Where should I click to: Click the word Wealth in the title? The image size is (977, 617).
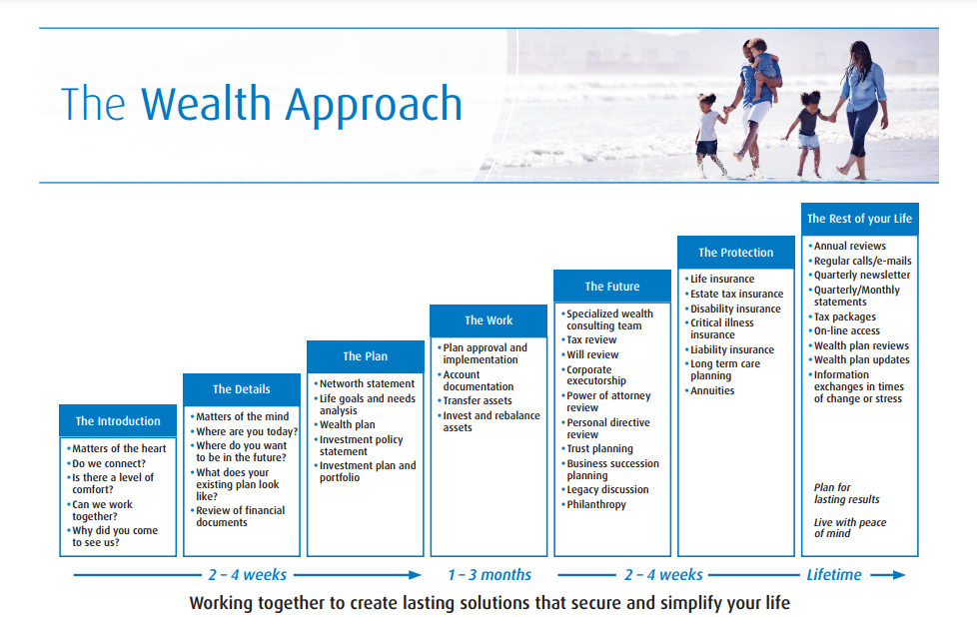pos(206,104)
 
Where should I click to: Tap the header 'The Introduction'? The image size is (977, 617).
pos(118,421)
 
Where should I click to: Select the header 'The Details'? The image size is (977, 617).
pos(241,389)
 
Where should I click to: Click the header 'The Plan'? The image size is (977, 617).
pos(366,356)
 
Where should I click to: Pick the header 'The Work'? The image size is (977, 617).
pos(488,320)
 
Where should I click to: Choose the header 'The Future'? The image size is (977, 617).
pos(611,287)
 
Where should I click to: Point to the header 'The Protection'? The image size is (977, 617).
pos(736,253)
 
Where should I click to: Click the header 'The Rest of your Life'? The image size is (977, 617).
pos(859,219)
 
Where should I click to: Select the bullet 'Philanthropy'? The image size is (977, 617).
pos(596,504)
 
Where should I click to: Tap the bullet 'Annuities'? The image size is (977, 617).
pos(712,390)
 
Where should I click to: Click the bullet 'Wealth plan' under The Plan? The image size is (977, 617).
pos(347,424)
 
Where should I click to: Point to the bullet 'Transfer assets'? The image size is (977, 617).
pos(478,401)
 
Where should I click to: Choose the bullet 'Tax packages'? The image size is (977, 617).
pos(844,316)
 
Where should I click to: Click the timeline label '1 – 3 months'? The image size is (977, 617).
pos(489,575)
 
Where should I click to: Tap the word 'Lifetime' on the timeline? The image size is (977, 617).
pos(834,575)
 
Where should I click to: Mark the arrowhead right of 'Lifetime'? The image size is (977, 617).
pos(898,575)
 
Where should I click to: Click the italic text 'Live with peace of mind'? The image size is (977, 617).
pos(849,528)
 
